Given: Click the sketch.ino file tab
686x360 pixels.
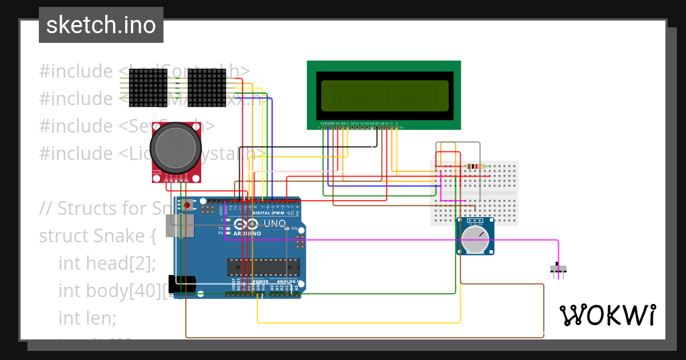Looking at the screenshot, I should click(x=101, y=25).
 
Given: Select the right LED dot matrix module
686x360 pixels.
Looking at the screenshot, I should click(x=206, y=87).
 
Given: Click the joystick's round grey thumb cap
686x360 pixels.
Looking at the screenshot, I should click(x=176, y=149).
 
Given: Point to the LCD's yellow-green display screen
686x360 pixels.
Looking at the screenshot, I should click(x=384, y=95).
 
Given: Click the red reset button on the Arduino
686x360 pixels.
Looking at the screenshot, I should click(x=187, y=205).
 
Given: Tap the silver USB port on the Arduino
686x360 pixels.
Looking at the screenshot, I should click(x=179, y=226).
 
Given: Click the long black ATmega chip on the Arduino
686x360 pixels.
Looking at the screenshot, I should click(x=263, y=267).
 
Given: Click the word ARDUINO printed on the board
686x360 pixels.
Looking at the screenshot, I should click(x=246, y=233).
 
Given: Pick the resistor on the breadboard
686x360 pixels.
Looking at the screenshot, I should click(x=474, y=166).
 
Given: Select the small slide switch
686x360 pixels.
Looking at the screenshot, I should click(x=559, y=269).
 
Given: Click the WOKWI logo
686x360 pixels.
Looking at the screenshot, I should click(x=607, y=315).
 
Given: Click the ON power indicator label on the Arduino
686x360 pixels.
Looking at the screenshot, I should click(x=294, y=229).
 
